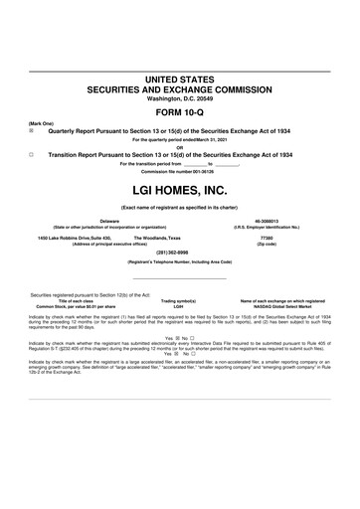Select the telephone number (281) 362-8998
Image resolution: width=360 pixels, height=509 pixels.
(x=179, y=254)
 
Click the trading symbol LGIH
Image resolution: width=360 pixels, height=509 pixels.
(x=178, y=306)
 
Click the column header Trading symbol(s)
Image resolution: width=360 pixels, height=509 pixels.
(x=179, y=300)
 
